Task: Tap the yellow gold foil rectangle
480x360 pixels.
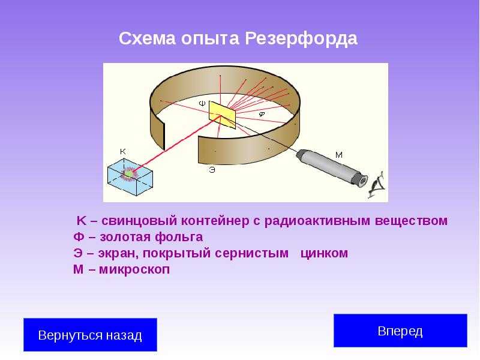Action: (223, 113)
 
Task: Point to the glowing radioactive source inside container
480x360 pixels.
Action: (128, 175)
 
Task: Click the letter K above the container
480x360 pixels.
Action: (123, 151)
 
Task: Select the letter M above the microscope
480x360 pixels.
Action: (339, 155)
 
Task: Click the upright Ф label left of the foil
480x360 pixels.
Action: (202, 104)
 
